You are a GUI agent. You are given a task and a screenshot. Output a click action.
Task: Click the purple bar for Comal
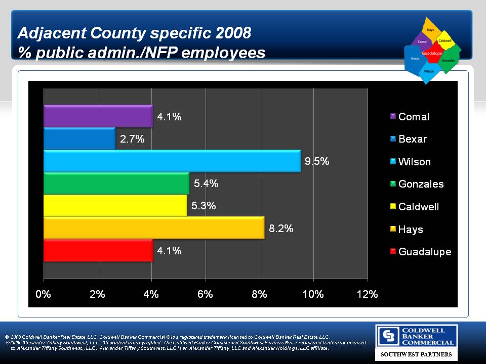coord(98,116)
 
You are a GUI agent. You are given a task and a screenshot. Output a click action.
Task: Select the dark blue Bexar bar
coord(79,139)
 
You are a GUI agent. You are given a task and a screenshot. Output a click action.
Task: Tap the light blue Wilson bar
coord(172,161)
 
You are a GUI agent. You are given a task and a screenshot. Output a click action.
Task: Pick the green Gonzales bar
coord(116,183)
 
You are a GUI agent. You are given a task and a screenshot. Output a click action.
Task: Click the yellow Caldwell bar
coord(115,205)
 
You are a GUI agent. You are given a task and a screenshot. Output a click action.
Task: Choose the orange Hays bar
coord(154,227)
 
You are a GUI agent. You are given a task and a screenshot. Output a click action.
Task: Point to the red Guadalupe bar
coord(98,250)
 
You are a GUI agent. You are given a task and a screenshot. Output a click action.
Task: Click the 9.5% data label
coord(317,161)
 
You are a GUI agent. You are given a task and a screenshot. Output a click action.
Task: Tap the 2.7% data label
coord(132,139)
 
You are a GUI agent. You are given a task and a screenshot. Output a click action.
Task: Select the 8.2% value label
coord(281,228)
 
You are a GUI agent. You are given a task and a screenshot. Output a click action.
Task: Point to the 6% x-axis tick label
coord(205,295)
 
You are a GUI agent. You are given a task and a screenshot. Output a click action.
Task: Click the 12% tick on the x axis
coord(367,295)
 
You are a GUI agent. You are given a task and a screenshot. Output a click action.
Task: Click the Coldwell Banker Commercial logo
coord(416,337)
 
